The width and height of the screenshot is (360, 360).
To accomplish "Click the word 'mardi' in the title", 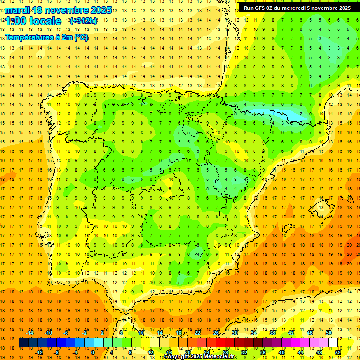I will pyautogui.click(x=16, y=10).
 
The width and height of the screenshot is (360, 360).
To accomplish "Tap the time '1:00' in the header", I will pyautogui.click(x=15, y=21).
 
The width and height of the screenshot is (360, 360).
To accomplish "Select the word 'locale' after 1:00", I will pyautogui.click(x=45, y=21).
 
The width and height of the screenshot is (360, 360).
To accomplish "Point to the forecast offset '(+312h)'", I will pyautogui.click(x=83, y=21).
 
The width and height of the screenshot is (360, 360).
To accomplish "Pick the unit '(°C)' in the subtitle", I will pyautogui.click(x=79, y=37).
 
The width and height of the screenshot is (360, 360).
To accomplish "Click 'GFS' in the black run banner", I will pyautogui.click(x=260, y=8).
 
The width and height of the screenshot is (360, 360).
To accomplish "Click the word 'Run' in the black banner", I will pyautogui.click(x=248, y=8).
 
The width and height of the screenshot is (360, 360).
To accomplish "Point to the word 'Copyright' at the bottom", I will pyautogui.click(x=177, y=357).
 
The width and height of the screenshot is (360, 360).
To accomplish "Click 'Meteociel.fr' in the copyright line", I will pyautogui.click(x=220, y=357).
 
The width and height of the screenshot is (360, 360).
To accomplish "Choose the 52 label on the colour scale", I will pyautogui.click(x=338, y=352).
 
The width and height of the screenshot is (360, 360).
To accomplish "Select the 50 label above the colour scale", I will pyautogui.click(x=329, y=333).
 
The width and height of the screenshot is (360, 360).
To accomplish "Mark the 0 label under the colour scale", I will pyautogui.click(x=93, y=352).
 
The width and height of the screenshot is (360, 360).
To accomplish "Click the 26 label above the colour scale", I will pyautogui.click(x=216, y=333).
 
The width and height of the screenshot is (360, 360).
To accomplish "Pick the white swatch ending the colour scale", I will pyautogui.click(x=333, y=343).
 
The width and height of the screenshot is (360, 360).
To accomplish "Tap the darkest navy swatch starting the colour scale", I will pyautogui.click(x=23, y=343).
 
